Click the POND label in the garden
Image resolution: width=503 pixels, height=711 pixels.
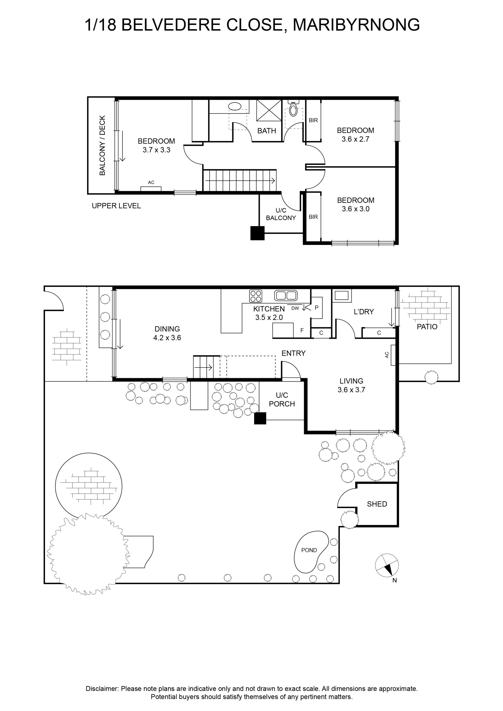click(x=309, y=550)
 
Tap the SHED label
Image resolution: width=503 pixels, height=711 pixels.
click(x=377, y=504)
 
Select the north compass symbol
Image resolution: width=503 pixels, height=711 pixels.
click(x=387, y=565)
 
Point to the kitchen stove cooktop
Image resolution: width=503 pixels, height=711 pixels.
click(x=256, y=296)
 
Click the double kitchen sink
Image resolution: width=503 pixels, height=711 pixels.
click(x=286, y=296)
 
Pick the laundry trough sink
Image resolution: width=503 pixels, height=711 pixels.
click(x=342, y=296)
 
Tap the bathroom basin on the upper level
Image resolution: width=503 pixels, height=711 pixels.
click(x=235, y=106)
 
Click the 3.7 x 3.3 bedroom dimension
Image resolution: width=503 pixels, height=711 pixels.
click(x=156, y=150)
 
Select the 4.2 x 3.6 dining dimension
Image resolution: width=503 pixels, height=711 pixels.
click(x=167, y=337)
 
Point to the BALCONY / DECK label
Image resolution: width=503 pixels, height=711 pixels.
click(x=102, y=145)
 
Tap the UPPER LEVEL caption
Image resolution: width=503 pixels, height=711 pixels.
click(x=116, y=206)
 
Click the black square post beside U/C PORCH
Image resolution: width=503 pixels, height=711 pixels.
click(x=260, y=418)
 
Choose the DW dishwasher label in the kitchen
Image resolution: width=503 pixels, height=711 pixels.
click(x=295, y=309)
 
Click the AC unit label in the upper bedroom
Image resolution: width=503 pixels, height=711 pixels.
click(x=151, y=182)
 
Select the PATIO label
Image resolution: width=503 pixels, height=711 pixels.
click(x=427, y=327)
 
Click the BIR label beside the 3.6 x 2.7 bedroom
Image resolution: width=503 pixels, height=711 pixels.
click(x=313, y=120)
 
